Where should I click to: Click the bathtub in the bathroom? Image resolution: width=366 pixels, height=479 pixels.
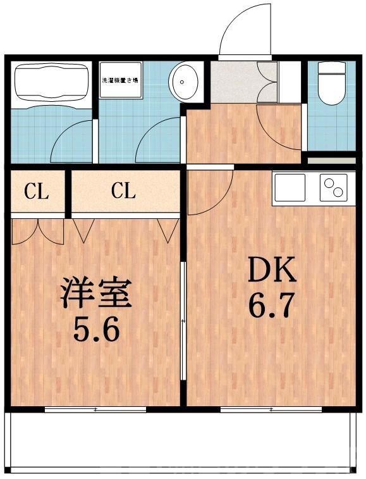coord(50,82)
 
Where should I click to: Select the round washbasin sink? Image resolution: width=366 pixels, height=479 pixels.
coord(184,81)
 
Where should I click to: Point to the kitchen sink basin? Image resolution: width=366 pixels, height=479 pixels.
coord(290,187)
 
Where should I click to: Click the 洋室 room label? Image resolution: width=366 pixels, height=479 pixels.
coord(95,294)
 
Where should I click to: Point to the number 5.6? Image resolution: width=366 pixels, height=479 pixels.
coord(95,330)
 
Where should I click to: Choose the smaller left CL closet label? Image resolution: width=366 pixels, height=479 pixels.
coord(36,192)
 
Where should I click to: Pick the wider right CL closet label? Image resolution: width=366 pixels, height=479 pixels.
coord(124,192)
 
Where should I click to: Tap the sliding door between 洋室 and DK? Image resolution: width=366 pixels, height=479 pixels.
coord(183,323)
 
